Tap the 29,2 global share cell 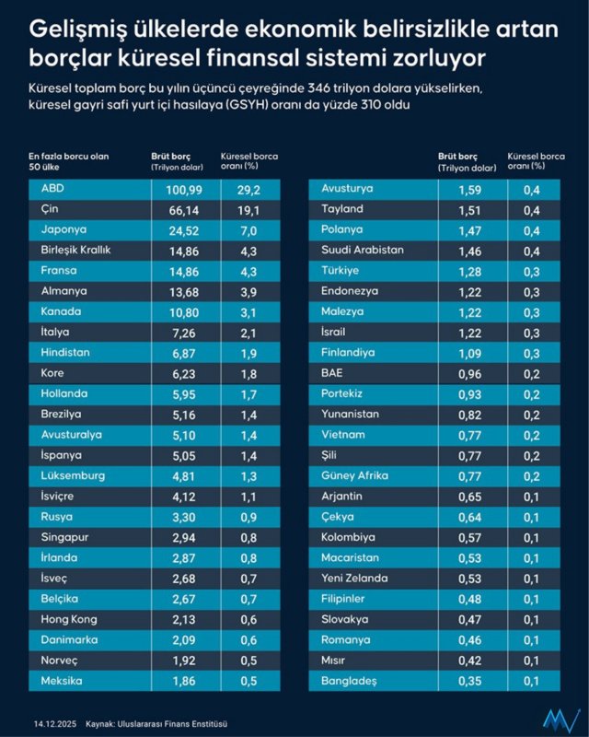point(249,189)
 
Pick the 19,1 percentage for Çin point(249,210)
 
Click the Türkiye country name point(340,271)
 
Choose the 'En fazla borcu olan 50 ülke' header point(69,161)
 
